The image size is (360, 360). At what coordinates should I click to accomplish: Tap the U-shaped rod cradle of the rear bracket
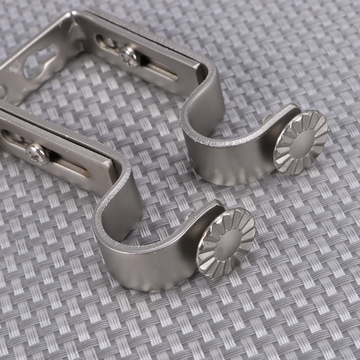pyautogui.click(x=231, y=150)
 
